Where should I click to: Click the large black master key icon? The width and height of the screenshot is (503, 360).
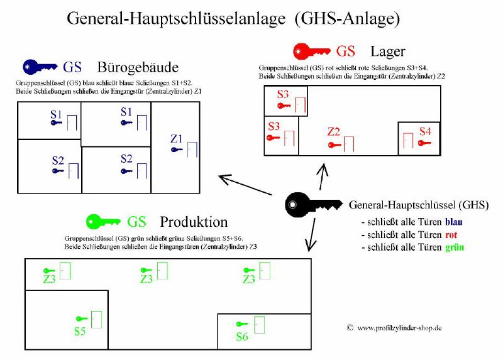click(x=312, y=205)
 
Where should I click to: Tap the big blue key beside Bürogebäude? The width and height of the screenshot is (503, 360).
click(x=40, y=67)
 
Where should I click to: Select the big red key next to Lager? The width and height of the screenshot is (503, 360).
click(x=311, y=52)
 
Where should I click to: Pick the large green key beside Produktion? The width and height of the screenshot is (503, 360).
click(x=103, y=222)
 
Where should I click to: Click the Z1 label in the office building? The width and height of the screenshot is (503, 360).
click(x=177, y=139)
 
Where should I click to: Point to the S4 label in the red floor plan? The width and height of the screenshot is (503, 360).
click(x=426, y=131)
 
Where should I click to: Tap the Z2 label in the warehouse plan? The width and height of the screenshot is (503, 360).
click(x=334, y=132)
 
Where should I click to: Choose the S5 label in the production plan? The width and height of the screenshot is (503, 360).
click(x=80, y=331)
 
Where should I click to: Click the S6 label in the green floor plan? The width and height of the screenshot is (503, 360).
click(x=242, y=337)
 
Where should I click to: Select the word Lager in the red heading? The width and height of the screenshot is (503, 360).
click(x=388, y=52)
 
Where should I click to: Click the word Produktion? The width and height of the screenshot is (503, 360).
click(x=194, y=222)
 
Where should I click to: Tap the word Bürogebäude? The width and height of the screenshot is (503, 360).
click(x=138, y=68)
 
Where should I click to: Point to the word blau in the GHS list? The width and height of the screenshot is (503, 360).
click(x=453, y=222)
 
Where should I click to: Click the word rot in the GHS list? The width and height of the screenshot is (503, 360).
click(x=451, y=234)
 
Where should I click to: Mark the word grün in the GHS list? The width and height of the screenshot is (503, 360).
click(x=455, y=248)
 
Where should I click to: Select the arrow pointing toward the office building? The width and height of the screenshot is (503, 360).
click(x=245, y=185)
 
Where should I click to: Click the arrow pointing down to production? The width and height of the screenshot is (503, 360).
click(x=311, y=234)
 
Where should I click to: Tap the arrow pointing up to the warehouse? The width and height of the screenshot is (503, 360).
click(x=323, y=177)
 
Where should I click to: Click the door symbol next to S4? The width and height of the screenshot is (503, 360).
click(x=408, y=140)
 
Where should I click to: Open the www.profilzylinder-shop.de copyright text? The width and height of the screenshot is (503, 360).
click(x=394, y=328)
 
